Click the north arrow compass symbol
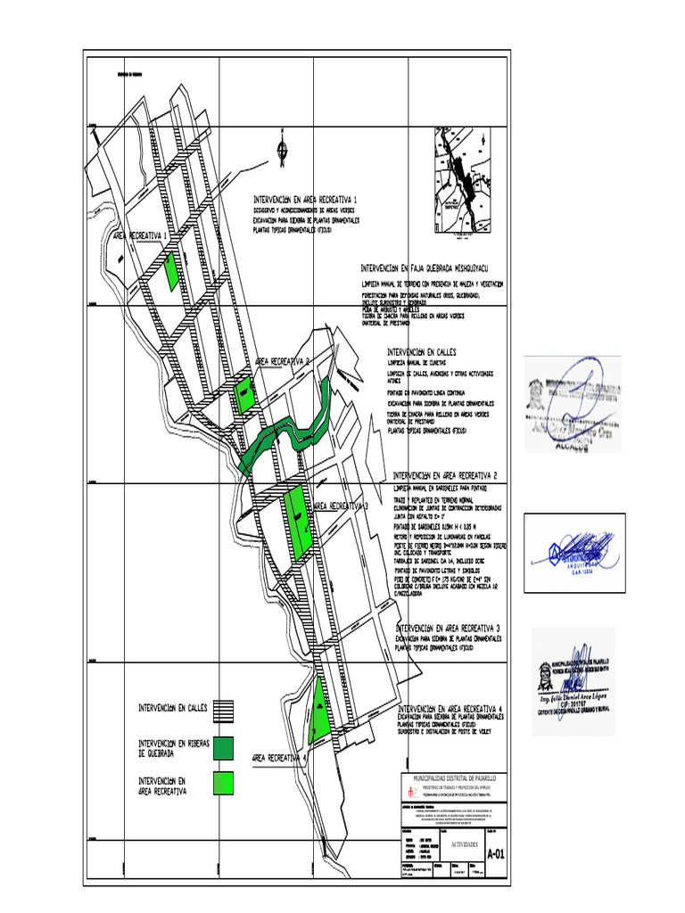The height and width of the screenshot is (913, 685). click(x=283, y=151)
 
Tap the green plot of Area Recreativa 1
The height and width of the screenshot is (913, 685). click(x=171, y=270)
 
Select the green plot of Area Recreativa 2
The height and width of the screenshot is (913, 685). click(x=243, y=394)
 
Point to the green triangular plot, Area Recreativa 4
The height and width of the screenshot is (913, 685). click(x=318, y=713)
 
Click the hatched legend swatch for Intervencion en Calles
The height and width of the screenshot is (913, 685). click(x=223, y=709)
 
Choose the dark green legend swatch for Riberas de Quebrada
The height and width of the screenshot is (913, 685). click(x=223, y=747)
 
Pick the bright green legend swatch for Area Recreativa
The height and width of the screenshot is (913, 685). click(x=223, y=783)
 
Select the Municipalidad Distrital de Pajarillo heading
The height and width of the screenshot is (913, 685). click(x=452, y=777)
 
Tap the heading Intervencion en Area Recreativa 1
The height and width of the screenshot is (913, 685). click(x=305, y=199)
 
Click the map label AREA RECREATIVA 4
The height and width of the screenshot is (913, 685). click(x=279, y=758)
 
